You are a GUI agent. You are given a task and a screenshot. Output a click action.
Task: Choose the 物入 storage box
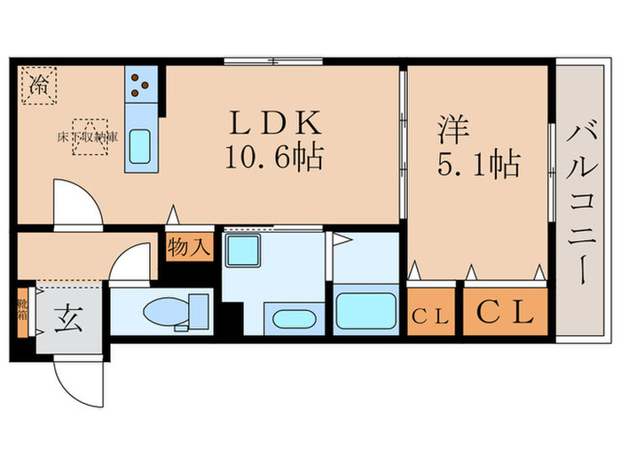coord(189,247)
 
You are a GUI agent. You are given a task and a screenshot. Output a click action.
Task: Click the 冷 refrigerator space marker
coord(39,86)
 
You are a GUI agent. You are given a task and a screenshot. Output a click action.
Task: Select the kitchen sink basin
coord(139,145)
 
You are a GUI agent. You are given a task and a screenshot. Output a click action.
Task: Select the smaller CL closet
coord(431,314)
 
